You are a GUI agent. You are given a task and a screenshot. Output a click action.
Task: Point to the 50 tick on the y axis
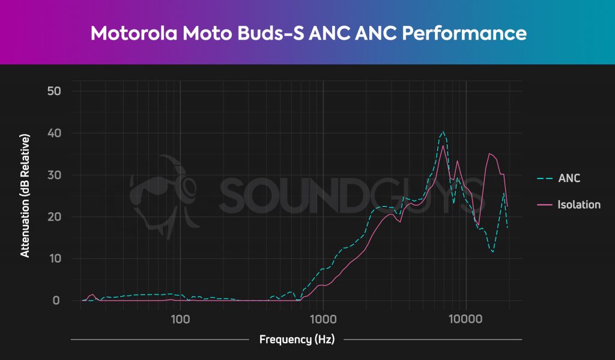click(55, 91)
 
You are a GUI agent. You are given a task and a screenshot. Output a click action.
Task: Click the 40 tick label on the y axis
click(55, 133)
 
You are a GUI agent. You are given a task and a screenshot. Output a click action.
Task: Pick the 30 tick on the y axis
click(55, 175)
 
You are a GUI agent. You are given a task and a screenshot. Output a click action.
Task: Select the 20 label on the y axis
click(55, 217)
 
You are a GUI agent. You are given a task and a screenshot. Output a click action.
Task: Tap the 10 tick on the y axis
click(55, 259)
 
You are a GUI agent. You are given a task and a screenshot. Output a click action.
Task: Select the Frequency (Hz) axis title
click(296, 340)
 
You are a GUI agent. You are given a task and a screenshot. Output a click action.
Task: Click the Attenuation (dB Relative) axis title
click(25, 196)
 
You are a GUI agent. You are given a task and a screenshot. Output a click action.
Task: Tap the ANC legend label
click(569, 178)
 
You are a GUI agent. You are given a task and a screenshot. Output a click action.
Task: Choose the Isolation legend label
click(579, 205)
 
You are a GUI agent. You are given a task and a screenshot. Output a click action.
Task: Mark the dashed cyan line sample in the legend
click(545, 178)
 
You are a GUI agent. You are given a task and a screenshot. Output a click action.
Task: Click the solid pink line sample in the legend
click(545, 205)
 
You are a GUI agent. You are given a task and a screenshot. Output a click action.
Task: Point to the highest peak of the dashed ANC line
click(443, 132)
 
